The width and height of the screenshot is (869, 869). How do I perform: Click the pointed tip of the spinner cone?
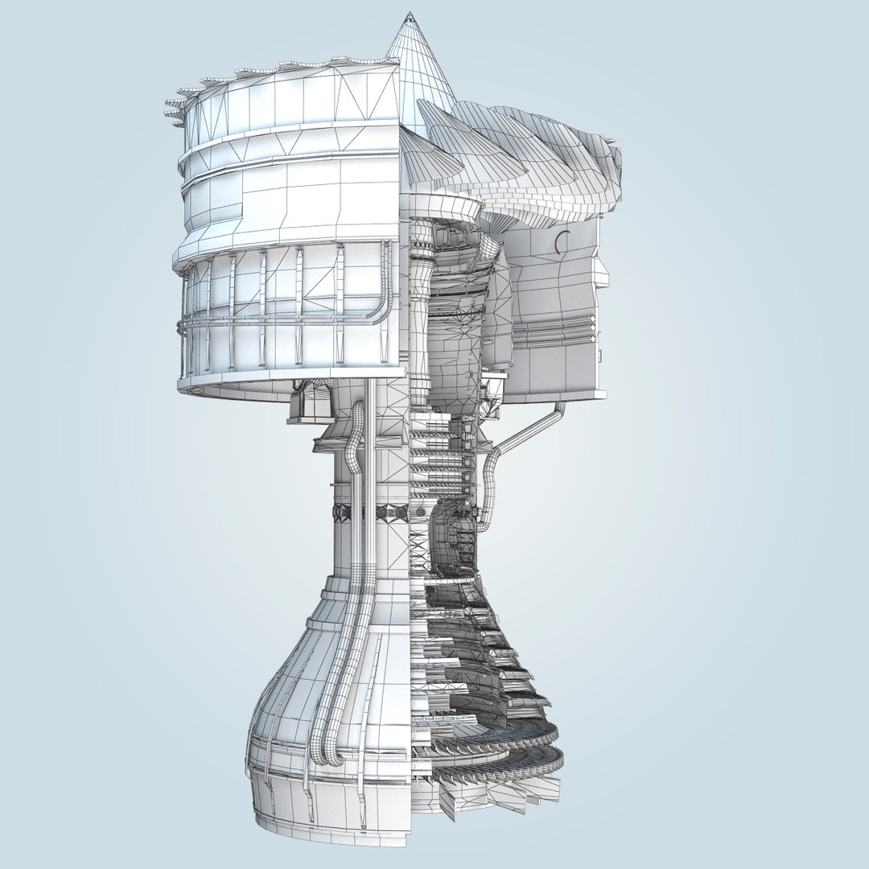click(x=410, y=16)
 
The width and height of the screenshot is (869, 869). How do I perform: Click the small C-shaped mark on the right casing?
click(x=562, y=241)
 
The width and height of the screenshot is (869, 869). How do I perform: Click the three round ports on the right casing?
click(x=595, y=326)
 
